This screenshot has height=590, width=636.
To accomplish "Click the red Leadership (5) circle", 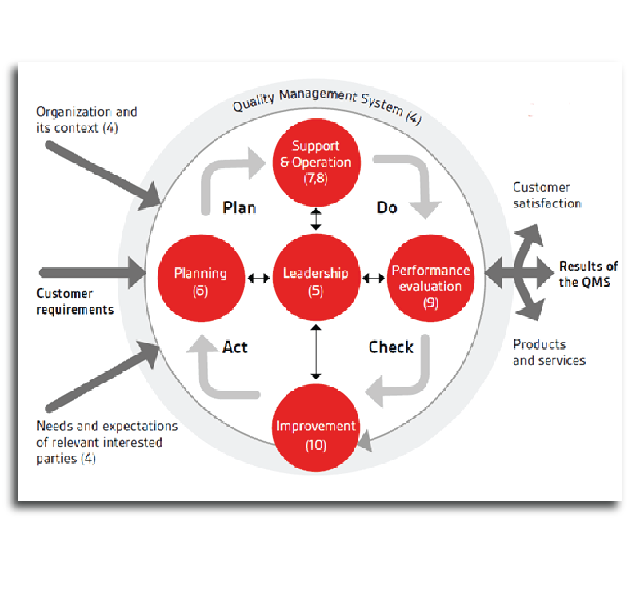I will click(x=316, y=280).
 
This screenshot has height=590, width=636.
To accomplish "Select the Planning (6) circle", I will click(x=201, y=280).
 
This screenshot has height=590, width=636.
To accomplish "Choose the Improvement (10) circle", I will click(x=316, y=433).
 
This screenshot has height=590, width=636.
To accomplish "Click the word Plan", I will click(x=239, y=207).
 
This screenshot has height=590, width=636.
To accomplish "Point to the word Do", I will click(x=386, y=207).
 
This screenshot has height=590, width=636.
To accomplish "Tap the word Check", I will click(x=391, y=347).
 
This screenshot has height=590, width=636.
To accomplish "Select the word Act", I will click(x=235, y=347).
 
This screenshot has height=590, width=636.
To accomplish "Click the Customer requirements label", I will click(x=75, y=302).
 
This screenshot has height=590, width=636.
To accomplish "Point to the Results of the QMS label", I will click(x=588, y=274).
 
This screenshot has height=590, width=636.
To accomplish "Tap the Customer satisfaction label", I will click(x=547, y=195).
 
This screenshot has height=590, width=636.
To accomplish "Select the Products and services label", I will click(x=549, y=352).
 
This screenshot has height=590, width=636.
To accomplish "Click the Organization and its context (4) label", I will click(x=86, y=120).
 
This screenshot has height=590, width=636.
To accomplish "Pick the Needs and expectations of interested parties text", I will click(x=106, y=443).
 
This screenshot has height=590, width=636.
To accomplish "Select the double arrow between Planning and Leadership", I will click(x=258, y=279).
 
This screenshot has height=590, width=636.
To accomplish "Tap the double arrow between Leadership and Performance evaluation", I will click(x=372, y=279).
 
